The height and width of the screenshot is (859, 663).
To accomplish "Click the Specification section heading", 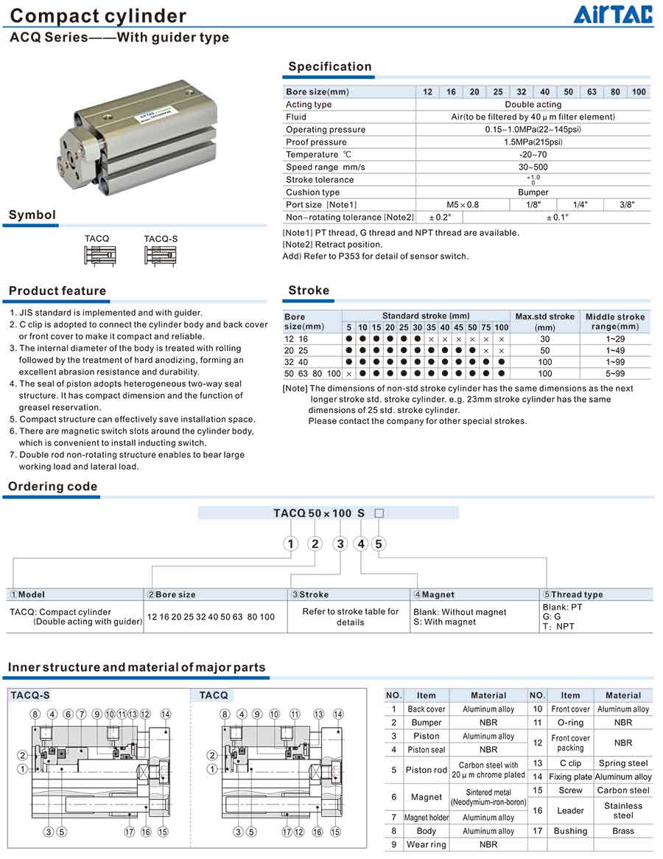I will (x=329, y=66).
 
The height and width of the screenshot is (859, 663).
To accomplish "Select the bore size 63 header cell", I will (x=592, y=92).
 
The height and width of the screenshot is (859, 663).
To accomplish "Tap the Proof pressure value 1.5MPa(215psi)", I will (x=533, y=142).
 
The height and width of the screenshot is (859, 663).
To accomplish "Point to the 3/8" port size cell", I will (x=627, y=204).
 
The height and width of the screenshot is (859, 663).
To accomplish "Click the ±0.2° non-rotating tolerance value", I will (x=440, y=218).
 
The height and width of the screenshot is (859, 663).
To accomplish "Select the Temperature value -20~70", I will (x=533, y=155).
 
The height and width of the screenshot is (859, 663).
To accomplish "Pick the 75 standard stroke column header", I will (x=486, y=327).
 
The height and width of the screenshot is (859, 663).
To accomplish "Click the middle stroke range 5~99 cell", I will (x=615, y=374).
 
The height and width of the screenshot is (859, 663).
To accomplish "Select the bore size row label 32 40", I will (x=298, y=362).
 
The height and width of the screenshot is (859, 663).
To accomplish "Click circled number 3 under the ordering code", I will (x=340, y=544).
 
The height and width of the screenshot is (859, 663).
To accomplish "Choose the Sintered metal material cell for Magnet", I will (x=488, y=797).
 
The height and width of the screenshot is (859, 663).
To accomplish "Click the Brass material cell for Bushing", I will (x=623, y=831).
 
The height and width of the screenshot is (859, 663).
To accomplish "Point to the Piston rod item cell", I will (x=426, y=771).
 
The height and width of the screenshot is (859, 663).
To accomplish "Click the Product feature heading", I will (x=57, y=291).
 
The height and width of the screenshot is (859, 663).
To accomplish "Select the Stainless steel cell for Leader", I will (x=623, y=810).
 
